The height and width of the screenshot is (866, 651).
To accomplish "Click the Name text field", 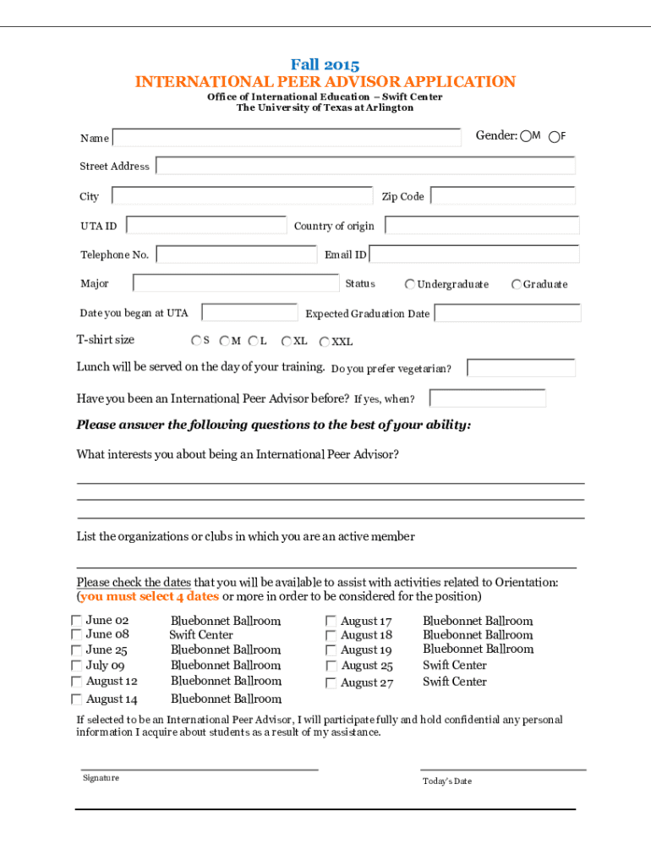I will (287, 138).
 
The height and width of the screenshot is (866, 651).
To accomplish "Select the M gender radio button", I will (526, 136).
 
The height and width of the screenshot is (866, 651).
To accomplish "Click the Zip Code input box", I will (503, 196).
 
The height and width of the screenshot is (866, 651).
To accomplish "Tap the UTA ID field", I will (206, 225).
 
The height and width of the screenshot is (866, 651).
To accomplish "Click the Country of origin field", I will (482, 225).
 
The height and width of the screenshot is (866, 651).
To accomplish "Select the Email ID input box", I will (474, 255).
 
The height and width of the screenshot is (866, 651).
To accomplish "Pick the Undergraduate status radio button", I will (410, 284).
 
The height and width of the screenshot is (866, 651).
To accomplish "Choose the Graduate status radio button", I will (517, 284).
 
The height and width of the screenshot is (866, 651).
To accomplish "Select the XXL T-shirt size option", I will (325, 342).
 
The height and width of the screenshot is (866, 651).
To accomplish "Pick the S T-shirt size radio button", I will (196, 341).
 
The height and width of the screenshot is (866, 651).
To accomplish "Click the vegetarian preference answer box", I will (521, 368).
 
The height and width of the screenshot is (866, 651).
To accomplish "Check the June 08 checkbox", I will (77, 635).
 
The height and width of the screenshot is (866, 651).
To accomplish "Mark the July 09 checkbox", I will (77, 666).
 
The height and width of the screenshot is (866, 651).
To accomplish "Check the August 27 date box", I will (331, 683).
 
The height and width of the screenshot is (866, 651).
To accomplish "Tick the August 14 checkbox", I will (77, 699).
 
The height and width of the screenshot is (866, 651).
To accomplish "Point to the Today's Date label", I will (446, 781).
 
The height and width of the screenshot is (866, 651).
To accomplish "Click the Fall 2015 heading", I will (325, 65).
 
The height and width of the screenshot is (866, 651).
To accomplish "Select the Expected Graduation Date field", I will (507, 313).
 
